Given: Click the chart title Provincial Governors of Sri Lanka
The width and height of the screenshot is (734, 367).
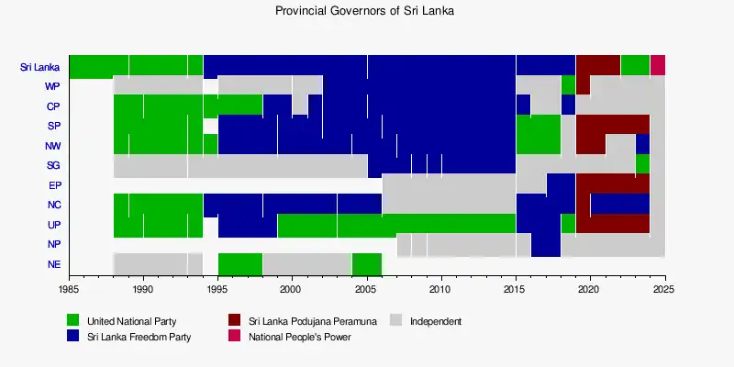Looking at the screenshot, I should (364, 12).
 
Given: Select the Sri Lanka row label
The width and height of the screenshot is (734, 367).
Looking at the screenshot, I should (39, 67).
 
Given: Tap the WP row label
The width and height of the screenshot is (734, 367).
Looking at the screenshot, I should (52, 87).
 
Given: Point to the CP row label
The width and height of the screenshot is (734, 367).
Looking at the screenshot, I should (52, 106).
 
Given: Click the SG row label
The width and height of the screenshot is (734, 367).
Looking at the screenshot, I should (52, 166).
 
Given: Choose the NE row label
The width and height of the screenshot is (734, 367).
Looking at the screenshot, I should (53, 265).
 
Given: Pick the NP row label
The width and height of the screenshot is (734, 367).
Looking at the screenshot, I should (53, 245).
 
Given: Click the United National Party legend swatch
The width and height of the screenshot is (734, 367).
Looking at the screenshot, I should (73, 321).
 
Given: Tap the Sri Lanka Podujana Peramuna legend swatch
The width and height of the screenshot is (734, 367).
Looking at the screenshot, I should (235, 321).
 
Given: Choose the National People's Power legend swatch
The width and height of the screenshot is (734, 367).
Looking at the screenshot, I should (235, 337).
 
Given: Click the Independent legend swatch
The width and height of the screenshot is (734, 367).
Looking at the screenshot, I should (396, 321).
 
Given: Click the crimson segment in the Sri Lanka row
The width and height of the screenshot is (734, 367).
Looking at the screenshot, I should (658, 66).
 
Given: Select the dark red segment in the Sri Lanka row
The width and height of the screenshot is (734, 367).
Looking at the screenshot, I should (598, 66).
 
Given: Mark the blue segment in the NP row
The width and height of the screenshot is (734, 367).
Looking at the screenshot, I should (546, 245).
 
